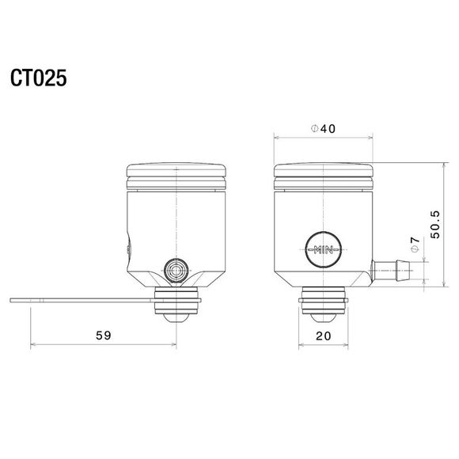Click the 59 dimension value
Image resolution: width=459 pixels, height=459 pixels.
(x=103, y=335)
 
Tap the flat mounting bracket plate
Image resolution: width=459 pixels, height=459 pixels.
(x=79, y=300)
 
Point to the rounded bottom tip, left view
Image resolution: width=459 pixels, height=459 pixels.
(x=176, y=318)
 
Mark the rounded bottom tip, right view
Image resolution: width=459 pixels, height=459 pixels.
(x=324, y=318)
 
